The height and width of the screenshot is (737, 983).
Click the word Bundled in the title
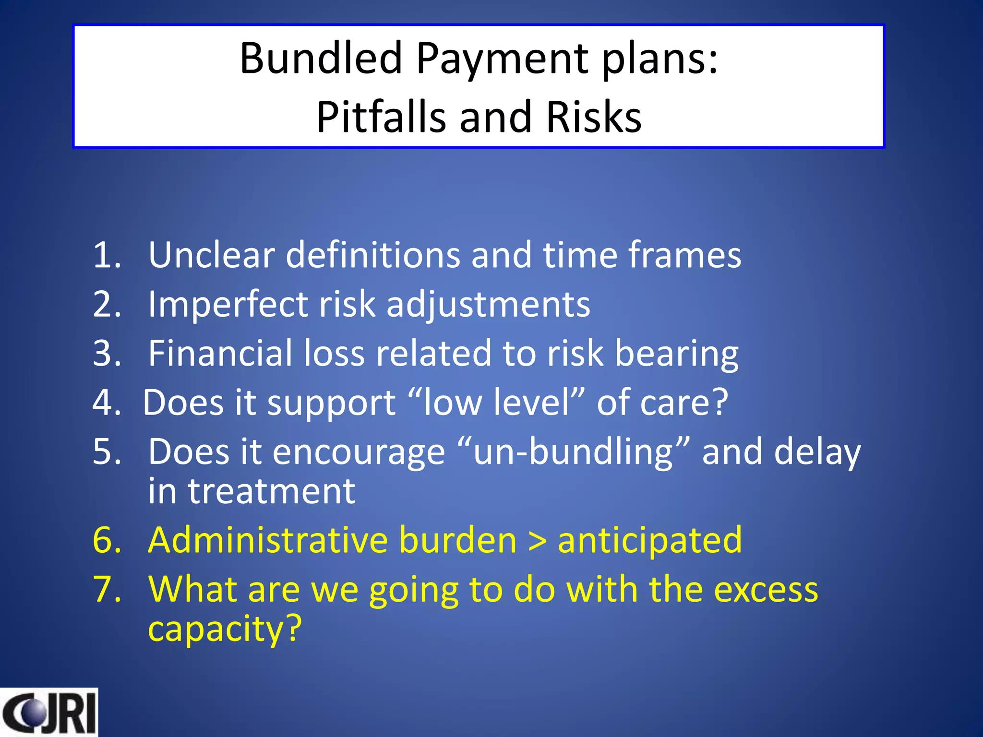(321, 59)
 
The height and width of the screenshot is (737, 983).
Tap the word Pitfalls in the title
(381, 118)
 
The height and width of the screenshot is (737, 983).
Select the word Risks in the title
(594, 118)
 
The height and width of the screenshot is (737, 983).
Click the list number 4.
(107, 403)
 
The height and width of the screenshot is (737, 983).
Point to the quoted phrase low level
(496, 402)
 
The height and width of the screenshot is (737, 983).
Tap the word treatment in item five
(271, 491)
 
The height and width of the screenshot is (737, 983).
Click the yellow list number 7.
(107, 590)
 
